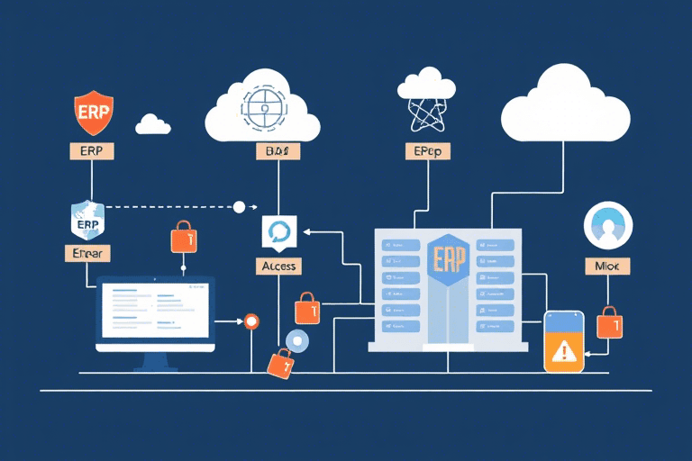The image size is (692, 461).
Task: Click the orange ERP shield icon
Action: click(x=94, y=113)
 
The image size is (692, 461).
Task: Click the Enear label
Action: click(x=87, y=253)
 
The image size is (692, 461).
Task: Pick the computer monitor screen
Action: click(x=156, y=312)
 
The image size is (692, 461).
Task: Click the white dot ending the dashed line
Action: click(x=239, y=207)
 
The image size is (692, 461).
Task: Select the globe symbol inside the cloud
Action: click(x=265, y=107)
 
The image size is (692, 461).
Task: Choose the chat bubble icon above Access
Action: click(x=278, y=232)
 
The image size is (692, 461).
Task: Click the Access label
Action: click(x=278, y=266)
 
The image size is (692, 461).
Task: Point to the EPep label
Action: click(x=425, y=152)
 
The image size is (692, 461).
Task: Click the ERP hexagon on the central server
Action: click(x=447, y=259)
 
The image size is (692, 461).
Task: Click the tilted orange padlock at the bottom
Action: click(x=280, y=363)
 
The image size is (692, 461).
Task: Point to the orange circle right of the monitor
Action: click(x=250, y=320)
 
